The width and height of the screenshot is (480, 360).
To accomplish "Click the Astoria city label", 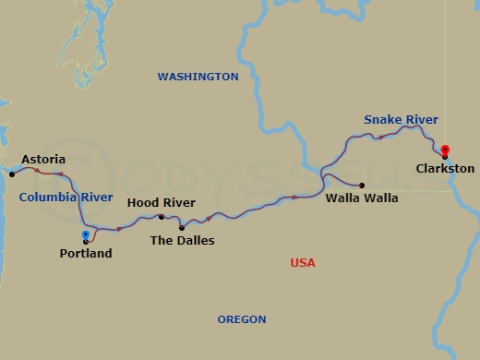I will pos(43,159).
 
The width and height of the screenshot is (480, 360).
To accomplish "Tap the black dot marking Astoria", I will pos(12,174).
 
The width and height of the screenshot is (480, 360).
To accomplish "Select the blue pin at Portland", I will pos(86,236).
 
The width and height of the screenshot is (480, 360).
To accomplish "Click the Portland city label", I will pos(86,253).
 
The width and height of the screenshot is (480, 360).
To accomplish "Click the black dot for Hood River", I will pos(162,217).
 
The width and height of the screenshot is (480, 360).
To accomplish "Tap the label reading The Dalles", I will pos(183,241).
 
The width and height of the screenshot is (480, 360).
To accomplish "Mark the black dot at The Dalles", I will pos(181,227).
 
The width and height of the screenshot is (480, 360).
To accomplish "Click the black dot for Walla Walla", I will pos(361,185).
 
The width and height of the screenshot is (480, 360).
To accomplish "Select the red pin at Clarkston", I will pos(445,151).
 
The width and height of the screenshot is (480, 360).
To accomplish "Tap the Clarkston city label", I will pos(445,169).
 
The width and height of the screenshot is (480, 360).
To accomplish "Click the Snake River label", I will pos(401,120).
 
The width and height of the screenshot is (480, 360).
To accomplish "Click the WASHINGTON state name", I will pos(198,77).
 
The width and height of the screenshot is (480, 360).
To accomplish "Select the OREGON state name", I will pos(242,319).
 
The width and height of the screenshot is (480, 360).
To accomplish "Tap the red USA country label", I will pos(303,263).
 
